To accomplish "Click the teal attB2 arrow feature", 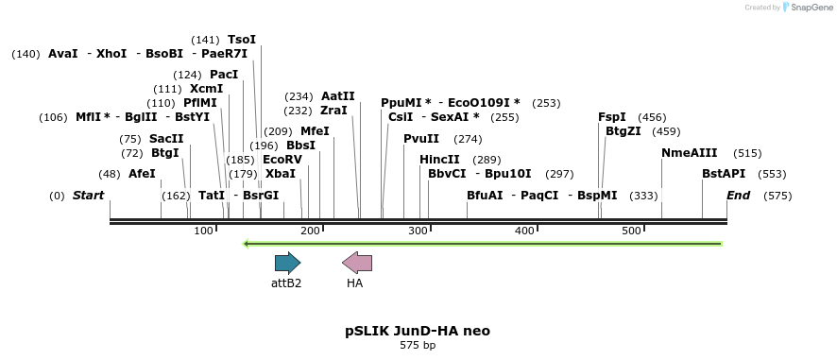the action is (287, 263).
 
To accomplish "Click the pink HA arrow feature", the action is (357, 263).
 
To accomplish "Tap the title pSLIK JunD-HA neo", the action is (418, 331).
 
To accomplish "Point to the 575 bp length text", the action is (418, 346).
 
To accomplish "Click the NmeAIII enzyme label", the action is (690, 153).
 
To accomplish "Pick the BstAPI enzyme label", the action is (724, 174).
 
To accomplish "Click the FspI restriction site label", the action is (612, 117).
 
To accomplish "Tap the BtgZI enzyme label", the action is (623, 131).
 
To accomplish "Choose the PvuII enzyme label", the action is (421, 139).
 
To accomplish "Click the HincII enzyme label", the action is (439, 160).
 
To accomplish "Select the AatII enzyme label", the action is (338, 96).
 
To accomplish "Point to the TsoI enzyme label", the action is (242, 40).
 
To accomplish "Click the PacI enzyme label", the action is (224, 75).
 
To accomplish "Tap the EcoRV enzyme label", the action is (282, 160).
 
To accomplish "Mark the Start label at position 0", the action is (88, 196).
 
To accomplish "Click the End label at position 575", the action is (738, 196).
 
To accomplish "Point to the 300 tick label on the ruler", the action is (418, 231).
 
